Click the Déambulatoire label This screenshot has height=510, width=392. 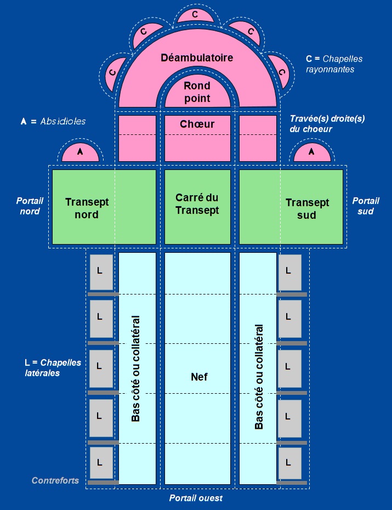(x=197, y=58)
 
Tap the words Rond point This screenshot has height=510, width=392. (x=197, y=92)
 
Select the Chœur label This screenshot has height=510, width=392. (x=197, y=124)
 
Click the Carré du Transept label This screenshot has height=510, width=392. (x=197, y=204)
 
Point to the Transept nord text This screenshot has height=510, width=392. (x=87, y=208)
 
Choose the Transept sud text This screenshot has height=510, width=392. (x=307, y=209)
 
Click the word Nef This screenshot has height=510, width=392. (x=199, y=377)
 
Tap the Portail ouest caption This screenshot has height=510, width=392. (x=196, y=498)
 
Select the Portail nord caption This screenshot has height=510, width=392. (x=30, y=206)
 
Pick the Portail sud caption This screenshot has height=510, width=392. (x=366, y=206)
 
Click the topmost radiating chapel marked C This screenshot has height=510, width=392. (x=195, y=15)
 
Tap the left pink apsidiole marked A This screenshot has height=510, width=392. (x=80, y=153)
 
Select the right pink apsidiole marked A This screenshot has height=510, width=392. (x=312, y=153)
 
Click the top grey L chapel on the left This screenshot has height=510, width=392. (x=101, y=272)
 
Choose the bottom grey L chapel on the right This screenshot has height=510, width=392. (x=289, y=464)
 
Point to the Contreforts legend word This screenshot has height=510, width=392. (x=55, y=481)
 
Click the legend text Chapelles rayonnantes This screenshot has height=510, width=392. (x=334, y=64)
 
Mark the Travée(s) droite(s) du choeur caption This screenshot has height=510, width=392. (x=327, y=123)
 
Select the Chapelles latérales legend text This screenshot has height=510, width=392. (x=53, y=368)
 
